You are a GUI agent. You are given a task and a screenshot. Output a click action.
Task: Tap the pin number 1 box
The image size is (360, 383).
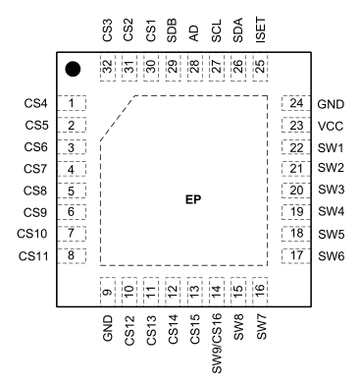(x=72, y=103)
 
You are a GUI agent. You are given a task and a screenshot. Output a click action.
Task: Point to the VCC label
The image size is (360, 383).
(x=330, y=126)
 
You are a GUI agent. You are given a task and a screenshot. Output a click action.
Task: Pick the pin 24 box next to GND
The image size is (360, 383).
(x=294, y=103)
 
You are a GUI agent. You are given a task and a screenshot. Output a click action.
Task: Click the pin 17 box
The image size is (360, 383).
(x=294, y=255)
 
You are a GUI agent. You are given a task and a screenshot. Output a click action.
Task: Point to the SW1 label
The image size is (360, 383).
(x=331, y=147)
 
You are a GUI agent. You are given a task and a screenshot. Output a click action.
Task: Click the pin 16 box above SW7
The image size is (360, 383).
(x=260, y=292)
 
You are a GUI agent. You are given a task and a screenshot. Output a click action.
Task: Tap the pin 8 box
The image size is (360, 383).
(x=72, y=255)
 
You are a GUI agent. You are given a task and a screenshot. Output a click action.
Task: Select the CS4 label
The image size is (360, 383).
(x=35, y=103)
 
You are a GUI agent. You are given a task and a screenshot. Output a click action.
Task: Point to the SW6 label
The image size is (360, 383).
(x=331, y=255)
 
